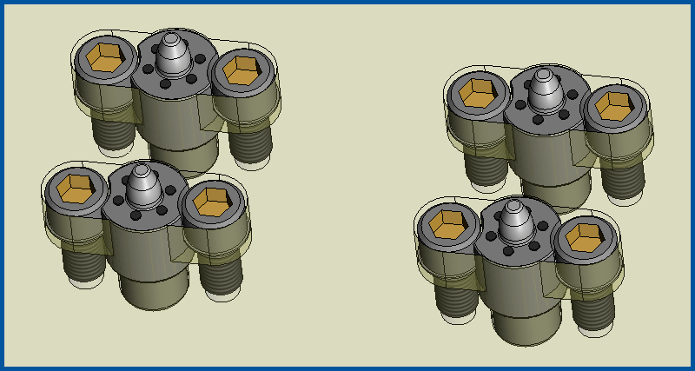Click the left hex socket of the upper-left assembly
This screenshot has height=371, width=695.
tap(104, 57)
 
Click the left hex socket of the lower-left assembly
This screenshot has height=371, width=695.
tap(75, 186)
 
